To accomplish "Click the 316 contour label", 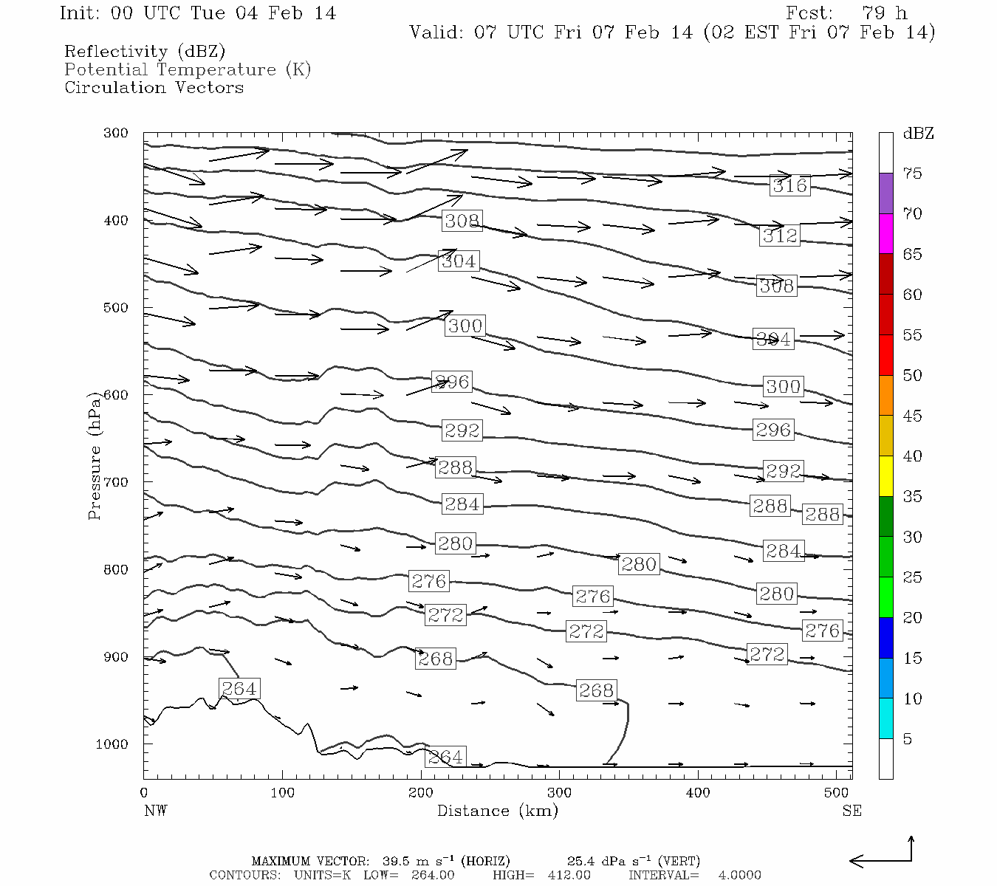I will point(789,185).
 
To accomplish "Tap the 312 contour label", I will point(780,236).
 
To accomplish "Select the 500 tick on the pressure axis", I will point(116,308).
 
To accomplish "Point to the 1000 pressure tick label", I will point(112,744).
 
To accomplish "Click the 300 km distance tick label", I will point(559,793).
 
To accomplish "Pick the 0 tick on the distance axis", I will point(144,793).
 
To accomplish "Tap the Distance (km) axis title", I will point(497,811).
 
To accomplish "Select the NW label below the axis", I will point(155,811).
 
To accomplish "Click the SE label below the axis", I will point(852,811).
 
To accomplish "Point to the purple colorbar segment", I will point(885,193).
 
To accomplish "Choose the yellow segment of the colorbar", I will point(885,476).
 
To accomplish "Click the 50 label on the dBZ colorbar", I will point(912,376).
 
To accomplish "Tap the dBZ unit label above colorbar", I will point(918,134).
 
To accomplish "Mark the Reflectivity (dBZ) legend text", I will point(145,52).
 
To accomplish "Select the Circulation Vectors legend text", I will point(154,88).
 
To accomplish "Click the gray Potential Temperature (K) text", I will point(188,69).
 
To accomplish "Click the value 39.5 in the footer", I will point(397,861).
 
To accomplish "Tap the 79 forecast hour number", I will point(875,13).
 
